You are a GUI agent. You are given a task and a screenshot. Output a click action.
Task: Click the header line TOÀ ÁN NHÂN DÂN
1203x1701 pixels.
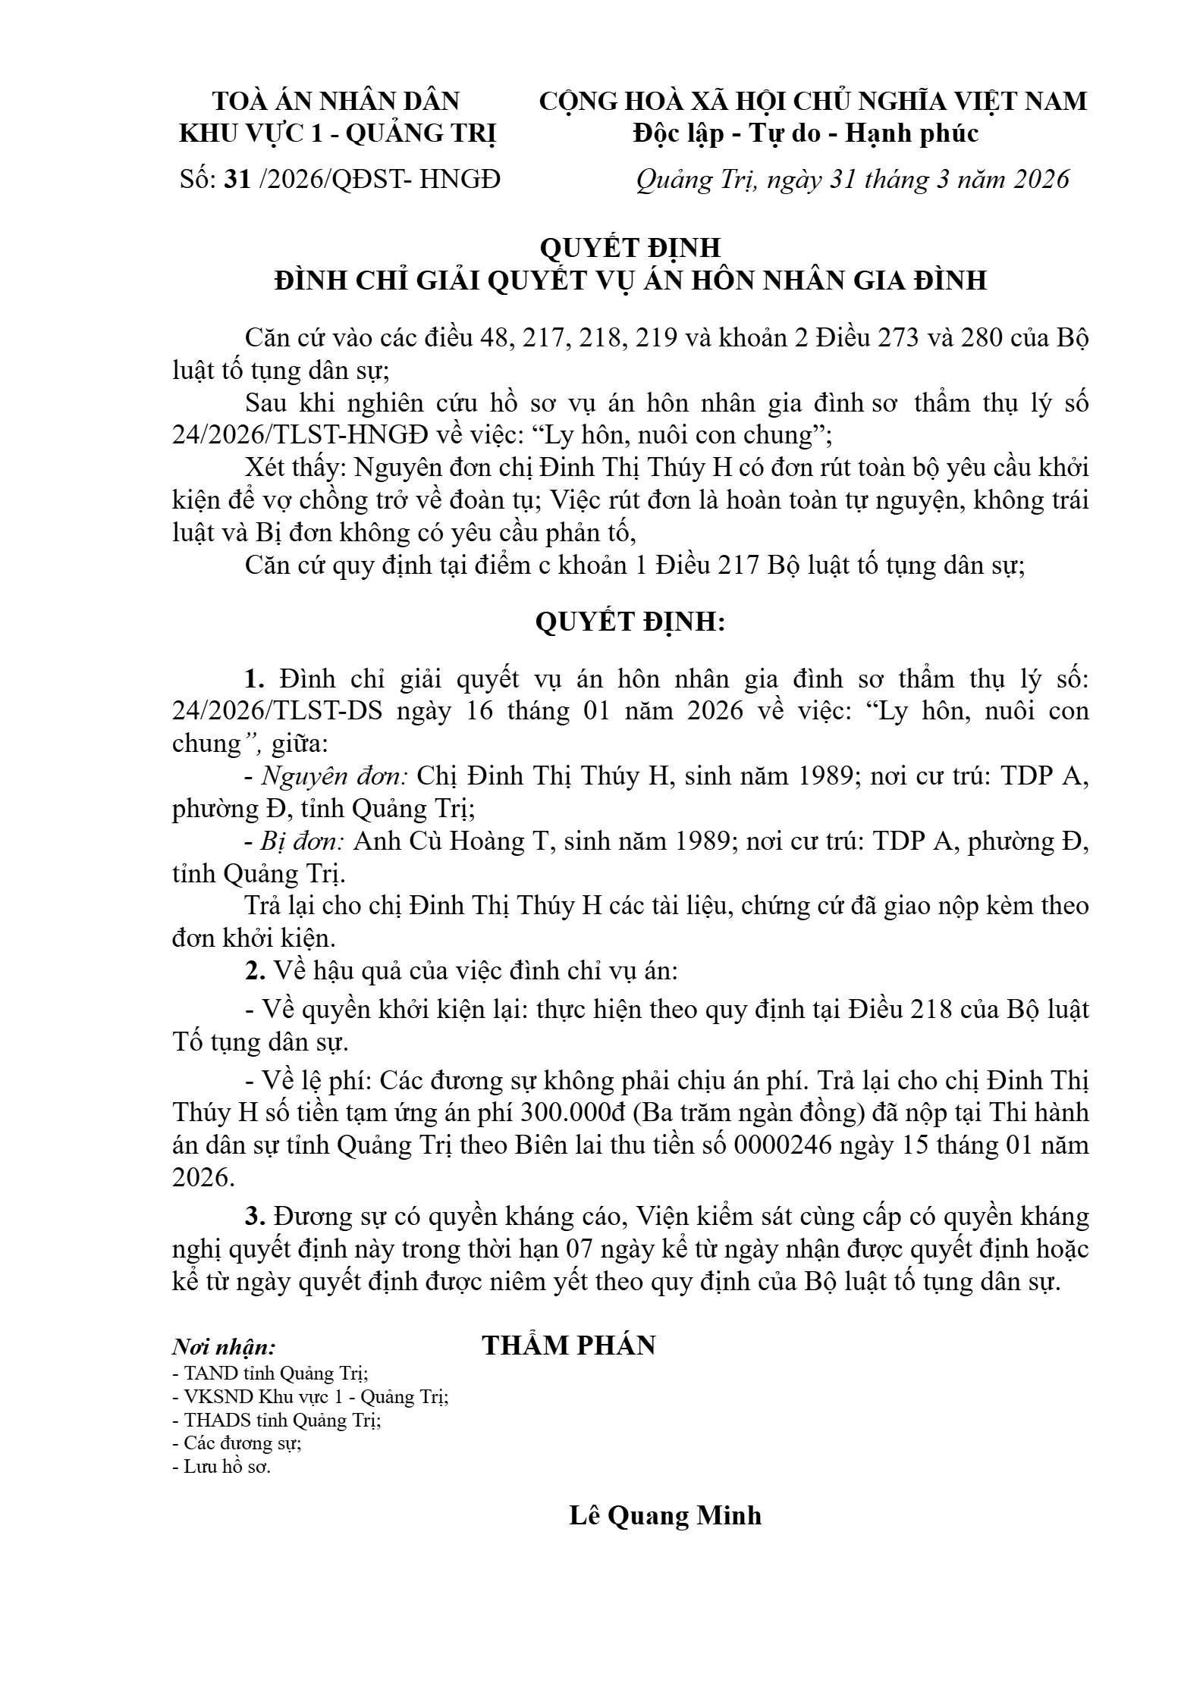(336, 102)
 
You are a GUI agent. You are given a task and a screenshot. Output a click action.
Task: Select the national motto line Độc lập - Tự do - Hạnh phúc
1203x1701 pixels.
(806, 134)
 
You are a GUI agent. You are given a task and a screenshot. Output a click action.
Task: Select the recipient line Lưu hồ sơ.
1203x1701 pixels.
(221, 1466)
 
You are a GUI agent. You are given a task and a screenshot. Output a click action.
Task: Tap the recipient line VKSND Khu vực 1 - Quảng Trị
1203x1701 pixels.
(310, 1396)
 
